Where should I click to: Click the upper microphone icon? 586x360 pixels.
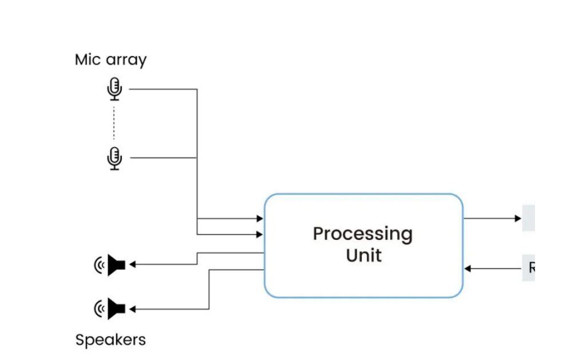coord(114,89)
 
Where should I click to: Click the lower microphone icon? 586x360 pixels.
coord(114,158)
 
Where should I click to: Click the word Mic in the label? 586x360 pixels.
coord(86,60)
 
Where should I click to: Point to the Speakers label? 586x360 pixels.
coord(110,340)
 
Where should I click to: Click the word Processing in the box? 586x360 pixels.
coord(362,234)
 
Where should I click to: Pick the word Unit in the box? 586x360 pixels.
coord(363,255)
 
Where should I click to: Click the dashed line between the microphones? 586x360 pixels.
coord(114,123)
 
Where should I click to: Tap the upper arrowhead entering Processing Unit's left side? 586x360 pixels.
coord(260,219)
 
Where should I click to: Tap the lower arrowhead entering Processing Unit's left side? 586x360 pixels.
coord(260,234)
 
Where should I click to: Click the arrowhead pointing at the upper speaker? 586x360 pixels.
coord(133,264)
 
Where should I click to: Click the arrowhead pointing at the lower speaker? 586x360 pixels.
coord(133,309)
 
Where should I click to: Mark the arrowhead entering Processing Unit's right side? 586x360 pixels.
coord(468,268)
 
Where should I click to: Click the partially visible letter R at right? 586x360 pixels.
coord(531,268)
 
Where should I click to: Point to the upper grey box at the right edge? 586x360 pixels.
coord(528,218)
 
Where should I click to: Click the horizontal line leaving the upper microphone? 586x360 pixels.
coord(163,89)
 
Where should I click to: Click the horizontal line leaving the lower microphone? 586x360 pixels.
coord(163,157)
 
